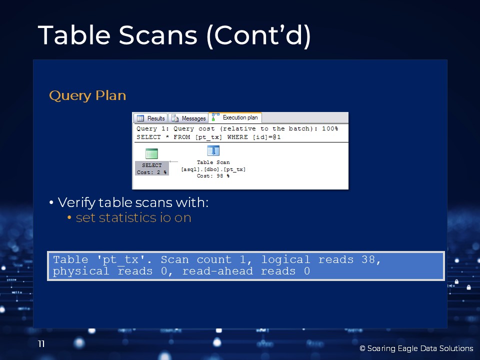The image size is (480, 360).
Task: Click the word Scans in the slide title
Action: coord(158,35)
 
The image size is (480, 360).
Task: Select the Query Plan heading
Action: coord(87,96)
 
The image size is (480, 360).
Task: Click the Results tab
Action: coord(150,118)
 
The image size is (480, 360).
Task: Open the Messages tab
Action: coord(188,118)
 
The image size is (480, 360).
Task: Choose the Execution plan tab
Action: coord(235,117)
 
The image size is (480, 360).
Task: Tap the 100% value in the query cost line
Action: coord(330,128)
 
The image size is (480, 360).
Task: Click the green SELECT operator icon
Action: coord(152,153)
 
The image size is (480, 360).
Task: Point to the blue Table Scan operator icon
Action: coord(213,150)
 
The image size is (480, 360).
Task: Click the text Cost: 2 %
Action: coord(152,172)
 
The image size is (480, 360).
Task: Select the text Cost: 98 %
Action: coord(213,176)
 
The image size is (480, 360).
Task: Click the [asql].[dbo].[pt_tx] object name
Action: coord(213,169)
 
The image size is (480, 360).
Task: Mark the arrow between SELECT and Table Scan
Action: coord(173,161)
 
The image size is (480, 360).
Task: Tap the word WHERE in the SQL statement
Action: coord(237,137)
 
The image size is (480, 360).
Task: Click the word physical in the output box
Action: coord(81,271)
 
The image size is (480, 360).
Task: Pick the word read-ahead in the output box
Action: coord(217,271)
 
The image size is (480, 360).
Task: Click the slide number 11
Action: coord(41,344)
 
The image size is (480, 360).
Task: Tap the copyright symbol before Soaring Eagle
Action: coord(362,348)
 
